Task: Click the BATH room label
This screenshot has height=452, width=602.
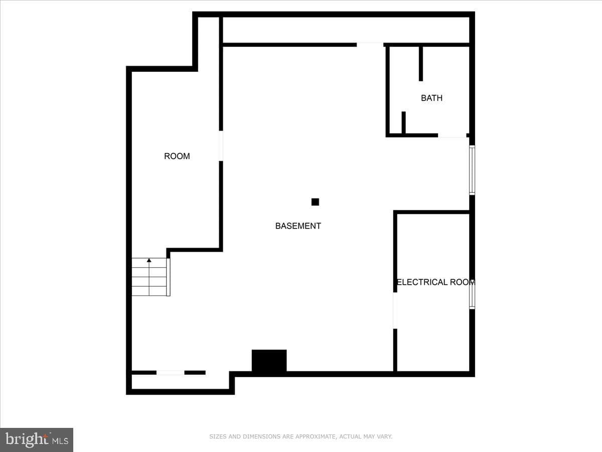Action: [431, 98]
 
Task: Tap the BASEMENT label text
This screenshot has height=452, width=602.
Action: [298, 226]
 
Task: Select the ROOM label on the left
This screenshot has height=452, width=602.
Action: [177, 156]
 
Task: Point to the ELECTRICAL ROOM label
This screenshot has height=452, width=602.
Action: [436, 282]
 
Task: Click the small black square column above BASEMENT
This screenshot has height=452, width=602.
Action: [315, 202]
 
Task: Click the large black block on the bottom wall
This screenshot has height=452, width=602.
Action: [269, 361]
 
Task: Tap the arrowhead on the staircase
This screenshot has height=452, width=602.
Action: [149, 260]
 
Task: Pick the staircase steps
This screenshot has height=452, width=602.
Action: [151, 277]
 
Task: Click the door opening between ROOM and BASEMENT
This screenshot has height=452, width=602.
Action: [221, 146]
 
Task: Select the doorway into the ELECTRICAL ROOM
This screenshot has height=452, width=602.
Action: [395, 311]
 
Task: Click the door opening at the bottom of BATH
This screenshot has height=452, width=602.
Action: [453, 136]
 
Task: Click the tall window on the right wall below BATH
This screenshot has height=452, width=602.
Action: [472, 170]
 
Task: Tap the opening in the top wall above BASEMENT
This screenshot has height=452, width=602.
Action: [370, 45]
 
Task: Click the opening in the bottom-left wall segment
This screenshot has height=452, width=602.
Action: [170, 373]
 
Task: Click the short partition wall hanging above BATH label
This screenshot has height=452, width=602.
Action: [421, 64]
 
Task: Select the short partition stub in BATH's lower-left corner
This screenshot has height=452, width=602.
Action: [403, 123]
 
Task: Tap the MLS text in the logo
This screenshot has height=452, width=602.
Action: [60, 441]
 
